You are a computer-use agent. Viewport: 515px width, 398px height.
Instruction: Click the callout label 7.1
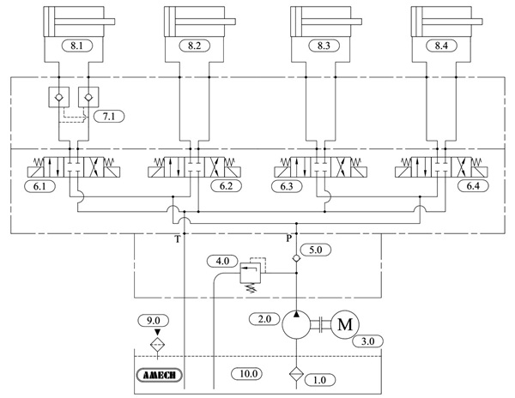pos(107,115)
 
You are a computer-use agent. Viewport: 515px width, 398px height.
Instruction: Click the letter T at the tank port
pos(178,239)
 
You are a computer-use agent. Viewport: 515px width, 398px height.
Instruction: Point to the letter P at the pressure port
pos(289,239)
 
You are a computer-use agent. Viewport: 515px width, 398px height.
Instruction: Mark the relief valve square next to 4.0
pos(251,274)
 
